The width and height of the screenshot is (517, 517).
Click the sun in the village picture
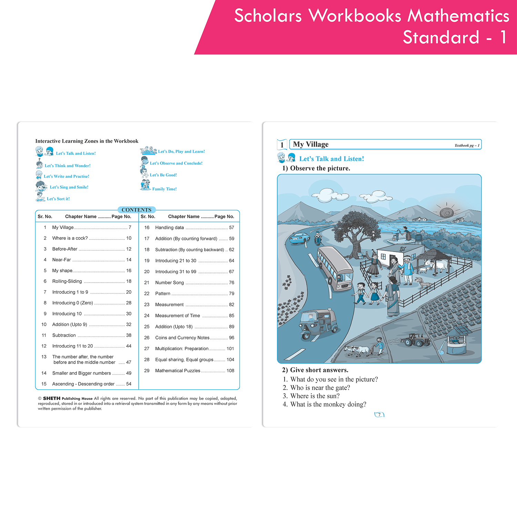click(x=447, y=212)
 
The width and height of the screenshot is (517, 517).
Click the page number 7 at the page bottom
click(x=379, y=415)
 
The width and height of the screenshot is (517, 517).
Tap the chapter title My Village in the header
click(x=311, y=144)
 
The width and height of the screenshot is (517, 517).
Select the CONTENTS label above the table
click(x=136, y=210)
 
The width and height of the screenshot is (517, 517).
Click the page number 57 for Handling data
click(x=232, y=227)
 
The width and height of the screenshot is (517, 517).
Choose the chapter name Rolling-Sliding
click(x=67, y=281)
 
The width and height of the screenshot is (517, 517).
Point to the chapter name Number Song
click(x=170, y=283)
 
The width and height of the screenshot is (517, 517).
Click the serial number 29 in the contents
click(x=147, y=371)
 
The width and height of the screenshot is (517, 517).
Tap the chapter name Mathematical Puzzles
click(x=178, y=371)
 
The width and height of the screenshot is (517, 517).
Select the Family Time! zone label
click(x=164, y=189)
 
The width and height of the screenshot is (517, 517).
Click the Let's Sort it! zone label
click(x=58, y=199)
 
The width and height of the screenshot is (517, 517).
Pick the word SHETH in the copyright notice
click(x=52, y=398)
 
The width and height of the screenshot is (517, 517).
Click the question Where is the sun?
click(x=315, y=396)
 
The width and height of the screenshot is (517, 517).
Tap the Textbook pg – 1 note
click(x=467, y=145)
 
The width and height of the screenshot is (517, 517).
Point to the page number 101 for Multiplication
click(x=230, y=349)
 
